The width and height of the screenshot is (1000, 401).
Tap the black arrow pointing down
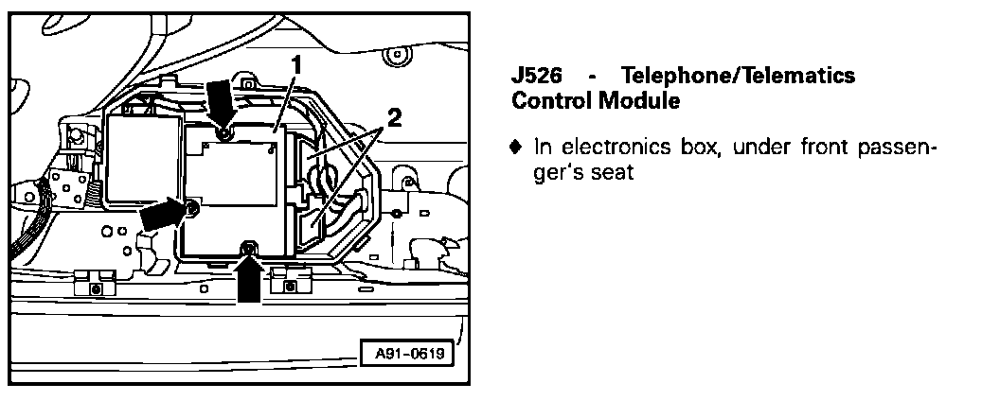click(x=219, y=100)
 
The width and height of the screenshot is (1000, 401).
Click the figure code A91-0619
click(x=407, y=355)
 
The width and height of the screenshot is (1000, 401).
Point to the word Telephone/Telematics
click(x=738, y=76)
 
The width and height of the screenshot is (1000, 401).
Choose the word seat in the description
click(x=612, y=173)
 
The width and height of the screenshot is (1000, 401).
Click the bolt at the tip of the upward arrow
click(x=248, y=250)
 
